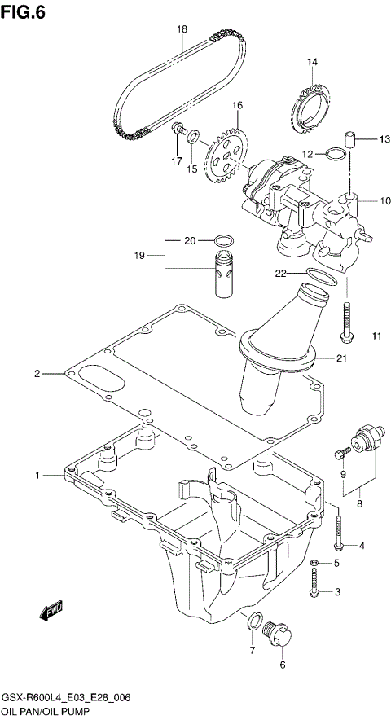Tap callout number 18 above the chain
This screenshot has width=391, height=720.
coord(182,29)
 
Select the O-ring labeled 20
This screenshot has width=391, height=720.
coord(223,240)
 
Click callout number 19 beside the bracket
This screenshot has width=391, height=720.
coord(139,256)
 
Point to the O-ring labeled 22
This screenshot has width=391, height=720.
coord(321,278)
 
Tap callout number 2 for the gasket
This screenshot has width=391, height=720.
coord(37,374)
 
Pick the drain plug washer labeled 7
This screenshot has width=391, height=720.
coord(254,621)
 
